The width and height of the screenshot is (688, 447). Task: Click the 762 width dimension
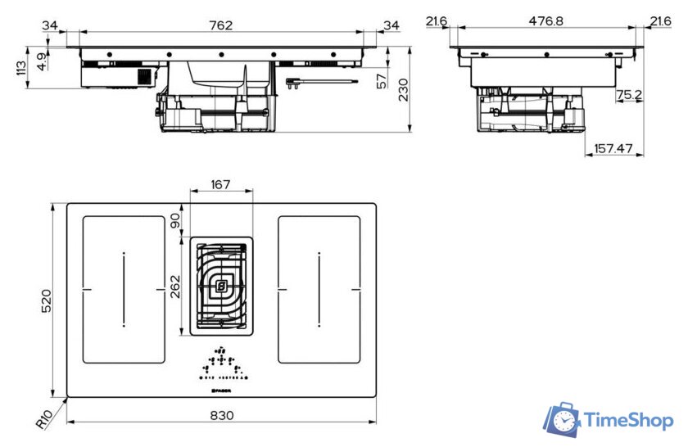220,25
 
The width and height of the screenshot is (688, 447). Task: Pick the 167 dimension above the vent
220,185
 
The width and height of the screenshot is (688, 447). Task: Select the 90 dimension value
175,220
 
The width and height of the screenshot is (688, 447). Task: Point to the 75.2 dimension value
628,96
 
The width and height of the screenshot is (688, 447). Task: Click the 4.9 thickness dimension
41,60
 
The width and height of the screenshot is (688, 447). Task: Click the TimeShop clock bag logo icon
562,420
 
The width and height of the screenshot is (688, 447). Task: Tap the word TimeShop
629,421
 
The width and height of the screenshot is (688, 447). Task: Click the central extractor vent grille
220,286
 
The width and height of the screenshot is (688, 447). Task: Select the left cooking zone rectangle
124,289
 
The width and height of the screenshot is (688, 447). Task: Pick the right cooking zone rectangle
319,289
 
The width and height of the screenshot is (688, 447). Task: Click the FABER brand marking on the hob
220,391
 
